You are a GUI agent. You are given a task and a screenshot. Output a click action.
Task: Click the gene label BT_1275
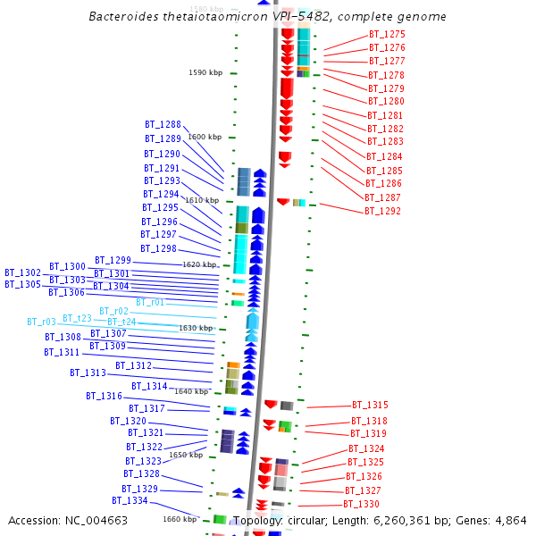tap(386, 34)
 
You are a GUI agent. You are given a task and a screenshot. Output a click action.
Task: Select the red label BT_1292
tap(382, 212)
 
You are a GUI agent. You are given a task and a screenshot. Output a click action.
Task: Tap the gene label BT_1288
tap(163, 125)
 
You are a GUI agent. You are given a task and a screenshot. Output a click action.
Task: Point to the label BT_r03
tap(41, 322)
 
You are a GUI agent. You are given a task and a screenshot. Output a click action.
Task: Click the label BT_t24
tap(121, 322)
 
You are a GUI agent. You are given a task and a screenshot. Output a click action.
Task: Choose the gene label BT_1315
tap(370, 406)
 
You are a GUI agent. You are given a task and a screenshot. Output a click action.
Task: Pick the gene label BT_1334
tap(130, 501)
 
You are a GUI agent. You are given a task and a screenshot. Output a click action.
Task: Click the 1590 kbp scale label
tap(205, 73)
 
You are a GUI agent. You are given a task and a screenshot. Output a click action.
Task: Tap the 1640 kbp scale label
tap(191, 391)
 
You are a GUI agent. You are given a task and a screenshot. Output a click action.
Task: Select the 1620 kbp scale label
tap(199, 264)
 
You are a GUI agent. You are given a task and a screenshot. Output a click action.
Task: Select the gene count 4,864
tap(509, 520)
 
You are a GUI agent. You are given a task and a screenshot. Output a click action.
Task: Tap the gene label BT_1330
tap(361, 505)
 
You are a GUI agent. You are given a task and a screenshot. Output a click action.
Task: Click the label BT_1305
tap(22, 284)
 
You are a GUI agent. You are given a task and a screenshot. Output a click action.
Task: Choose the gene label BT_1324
tap(366, 448)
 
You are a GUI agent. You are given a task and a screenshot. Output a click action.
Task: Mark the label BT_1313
tap(88, 373)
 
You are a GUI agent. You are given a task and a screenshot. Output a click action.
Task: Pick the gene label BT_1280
tap(385, 102)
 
